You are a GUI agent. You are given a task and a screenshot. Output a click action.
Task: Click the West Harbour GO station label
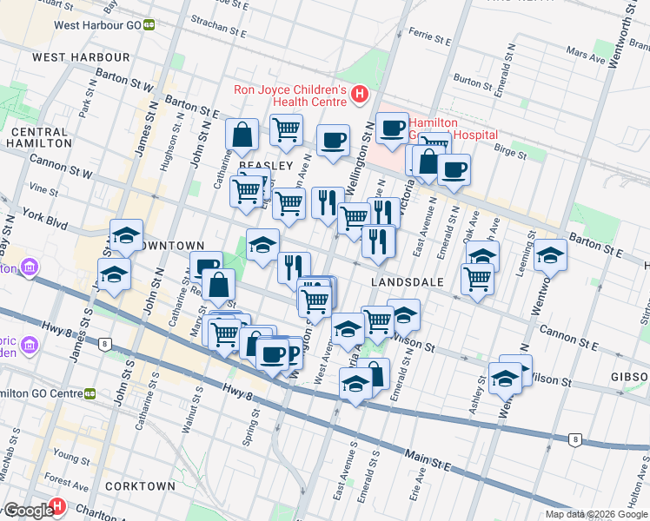tap(97, 25)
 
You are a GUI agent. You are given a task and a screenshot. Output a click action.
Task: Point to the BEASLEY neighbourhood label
tap(266, 166)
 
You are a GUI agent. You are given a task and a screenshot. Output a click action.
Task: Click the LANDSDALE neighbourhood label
tap(408, 282)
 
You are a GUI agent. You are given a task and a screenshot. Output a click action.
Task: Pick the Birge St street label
tap(509, 153)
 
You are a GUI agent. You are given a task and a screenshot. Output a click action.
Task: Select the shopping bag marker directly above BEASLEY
tap(242, 135)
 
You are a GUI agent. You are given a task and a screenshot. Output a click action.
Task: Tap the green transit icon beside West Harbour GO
tap(149, 25)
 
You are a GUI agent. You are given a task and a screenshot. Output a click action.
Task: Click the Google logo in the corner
tap(28, 511)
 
